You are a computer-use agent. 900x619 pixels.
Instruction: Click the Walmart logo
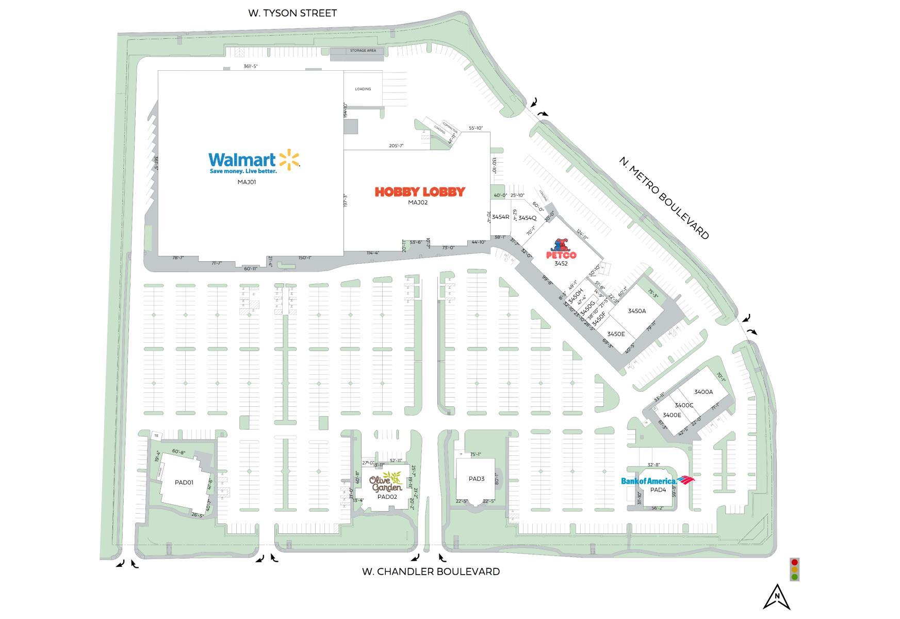click(x=254, y=162)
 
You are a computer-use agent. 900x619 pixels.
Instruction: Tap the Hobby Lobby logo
click(x=419, y=192)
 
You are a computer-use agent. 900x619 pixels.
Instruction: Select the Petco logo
click(x=561, y=250)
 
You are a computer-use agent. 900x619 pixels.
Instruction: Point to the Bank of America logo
click(x=657, y=481)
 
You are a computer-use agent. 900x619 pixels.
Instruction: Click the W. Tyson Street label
click(x=292, y=13)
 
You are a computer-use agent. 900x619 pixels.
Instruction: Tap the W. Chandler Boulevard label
click(x=431, y=572)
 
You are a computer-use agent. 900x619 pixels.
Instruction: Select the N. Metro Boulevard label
click(x=664, y=198)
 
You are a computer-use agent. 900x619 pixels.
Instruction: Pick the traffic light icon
click(x=794, y=569)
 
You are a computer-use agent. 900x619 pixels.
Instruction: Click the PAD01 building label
click(x=184, y=483)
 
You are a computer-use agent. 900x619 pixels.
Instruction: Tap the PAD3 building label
click(x=477, y=479)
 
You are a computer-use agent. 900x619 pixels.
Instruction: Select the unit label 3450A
click(x=637, y=311)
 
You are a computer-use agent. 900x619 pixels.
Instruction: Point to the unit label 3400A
click(x=703, y=392)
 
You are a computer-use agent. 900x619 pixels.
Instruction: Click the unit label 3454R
click(x=500, y=217)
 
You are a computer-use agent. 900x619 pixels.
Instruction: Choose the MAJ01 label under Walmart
click(x=247, y=182)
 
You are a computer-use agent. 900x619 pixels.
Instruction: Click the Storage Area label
click(x=363, y=51)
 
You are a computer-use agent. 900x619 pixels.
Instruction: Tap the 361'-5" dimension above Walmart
click(x=251, y=67)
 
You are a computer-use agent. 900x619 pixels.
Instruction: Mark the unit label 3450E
click(x=616, y=335)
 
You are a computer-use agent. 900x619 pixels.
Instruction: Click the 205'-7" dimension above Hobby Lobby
click(x=396, y=146)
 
